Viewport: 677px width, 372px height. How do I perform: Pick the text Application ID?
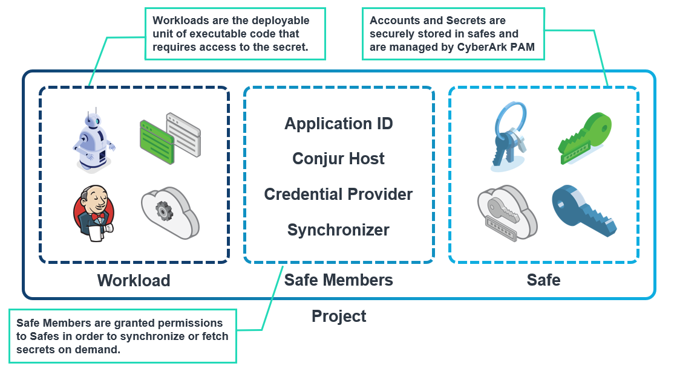tap(339, 124)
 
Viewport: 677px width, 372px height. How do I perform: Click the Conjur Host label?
tap(339, 159)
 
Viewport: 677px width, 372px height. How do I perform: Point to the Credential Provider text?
tap(339, 194)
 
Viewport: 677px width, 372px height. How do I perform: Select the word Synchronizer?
tap(339, 230)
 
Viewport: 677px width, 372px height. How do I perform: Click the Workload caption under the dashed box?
tap(134, 281)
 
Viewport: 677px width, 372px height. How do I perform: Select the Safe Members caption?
tap(339, 280)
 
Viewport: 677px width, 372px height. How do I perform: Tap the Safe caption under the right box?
tap(543, 280)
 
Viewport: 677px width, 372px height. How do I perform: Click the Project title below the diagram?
tap(339, 316)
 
